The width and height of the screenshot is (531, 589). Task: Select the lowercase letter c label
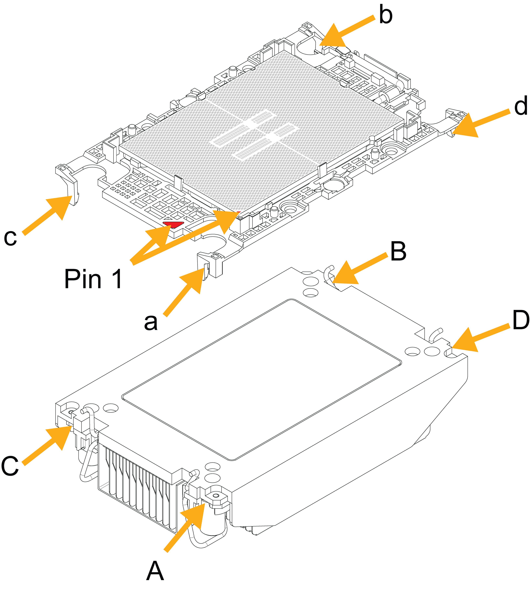[10, 237]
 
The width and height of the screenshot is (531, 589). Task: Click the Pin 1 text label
[93, 279]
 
